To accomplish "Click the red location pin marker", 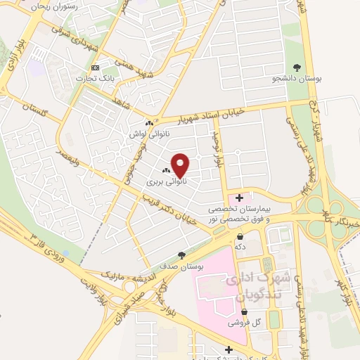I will coord(181,166).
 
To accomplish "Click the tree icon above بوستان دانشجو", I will coord(297,68).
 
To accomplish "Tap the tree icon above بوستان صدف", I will coord(182,256).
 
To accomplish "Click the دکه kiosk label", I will coord(240,247).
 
